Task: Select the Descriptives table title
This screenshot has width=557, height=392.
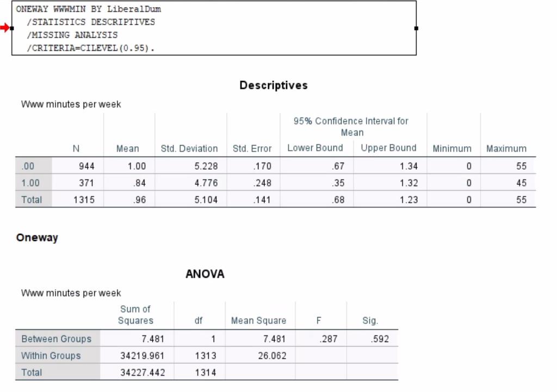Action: click(x=273, y=85)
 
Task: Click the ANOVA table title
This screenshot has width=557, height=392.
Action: click(x=205, y=274)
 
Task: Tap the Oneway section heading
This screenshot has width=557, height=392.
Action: click(x=37, y=238)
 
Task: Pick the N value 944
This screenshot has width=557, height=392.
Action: click(x=86, y=166)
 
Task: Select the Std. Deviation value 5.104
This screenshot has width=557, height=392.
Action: click(x=206, y=200)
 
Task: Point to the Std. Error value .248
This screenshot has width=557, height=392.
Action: click(x=262, y=183)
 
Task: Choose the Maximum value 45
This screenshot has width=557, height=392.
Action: click(x=521, y=183)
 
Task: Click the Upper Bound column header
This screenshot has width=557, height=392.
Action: click(x=388, y=148)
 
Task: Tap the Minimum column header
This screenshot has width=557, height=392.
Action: click(x=451, y=148)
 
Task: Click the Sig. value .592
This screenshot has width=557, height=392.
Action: click(x=380, y=339)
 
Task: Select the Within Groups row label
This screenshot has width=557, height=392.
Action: click(x=51, y=356)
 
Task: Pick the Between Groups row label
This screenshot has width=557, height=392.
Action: click(x=56, y=339)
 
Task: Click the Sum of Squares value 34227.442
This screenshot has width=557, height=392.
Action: click(x=143, y=373)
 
